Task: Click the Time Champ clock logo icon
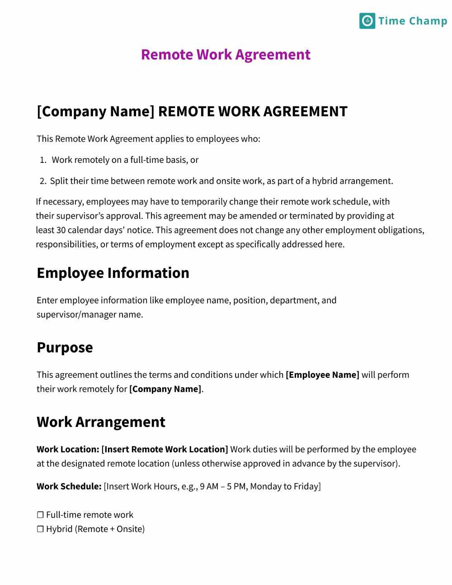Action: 367,21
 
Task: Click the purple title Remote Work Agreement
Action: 226,54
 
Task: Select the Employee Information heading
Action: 113,273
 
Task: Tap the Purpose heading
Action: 65,347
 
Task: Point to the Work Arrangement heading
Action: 101,422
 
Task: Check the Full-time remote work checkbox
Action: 40,515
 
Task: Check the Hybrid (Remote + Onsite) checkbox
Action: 40,529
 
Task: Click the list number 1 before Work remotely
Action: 43,160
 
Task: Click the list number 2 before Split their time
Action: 42,181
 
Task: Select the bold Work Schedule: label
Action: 69,486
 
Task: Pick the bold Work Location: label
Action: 68,449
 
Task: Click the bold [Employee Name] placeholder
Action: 322,375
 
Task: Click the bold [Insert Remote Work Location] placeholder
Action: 165,449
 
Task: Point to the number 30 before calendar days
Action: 61,230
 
